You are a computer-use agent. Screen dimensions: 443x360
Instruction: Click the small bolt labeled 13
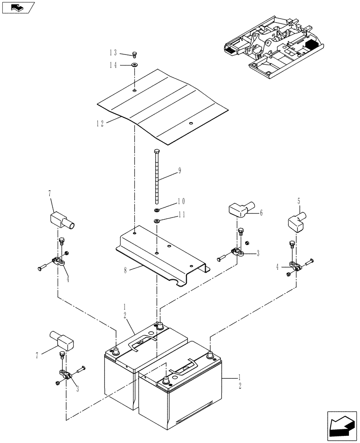click(x=135, y=55)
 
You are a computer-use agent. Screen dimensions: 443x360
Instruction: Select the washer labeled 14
click(x=134, y=65)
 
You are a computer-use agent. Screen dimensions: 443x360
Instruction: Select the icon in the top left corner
click(x=18, y=8)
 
